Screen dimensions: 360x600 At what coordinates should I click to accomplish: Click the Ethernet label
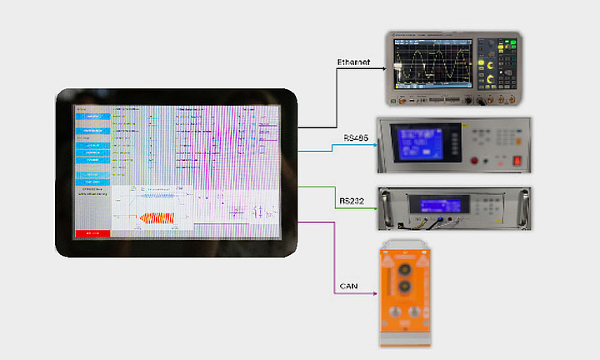(353, 62)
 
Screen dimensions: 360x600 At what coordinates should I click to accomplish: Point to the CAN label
(349, 287)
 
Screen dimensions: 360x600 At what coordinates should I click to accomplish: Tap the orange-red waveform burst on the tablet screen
(157, 217)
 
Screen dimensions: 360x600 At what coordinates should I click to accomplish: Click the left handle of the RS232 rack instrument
(385, 207)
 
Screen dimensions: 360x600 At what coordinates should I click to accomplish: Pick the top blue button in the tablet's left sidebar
(92, 117)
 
